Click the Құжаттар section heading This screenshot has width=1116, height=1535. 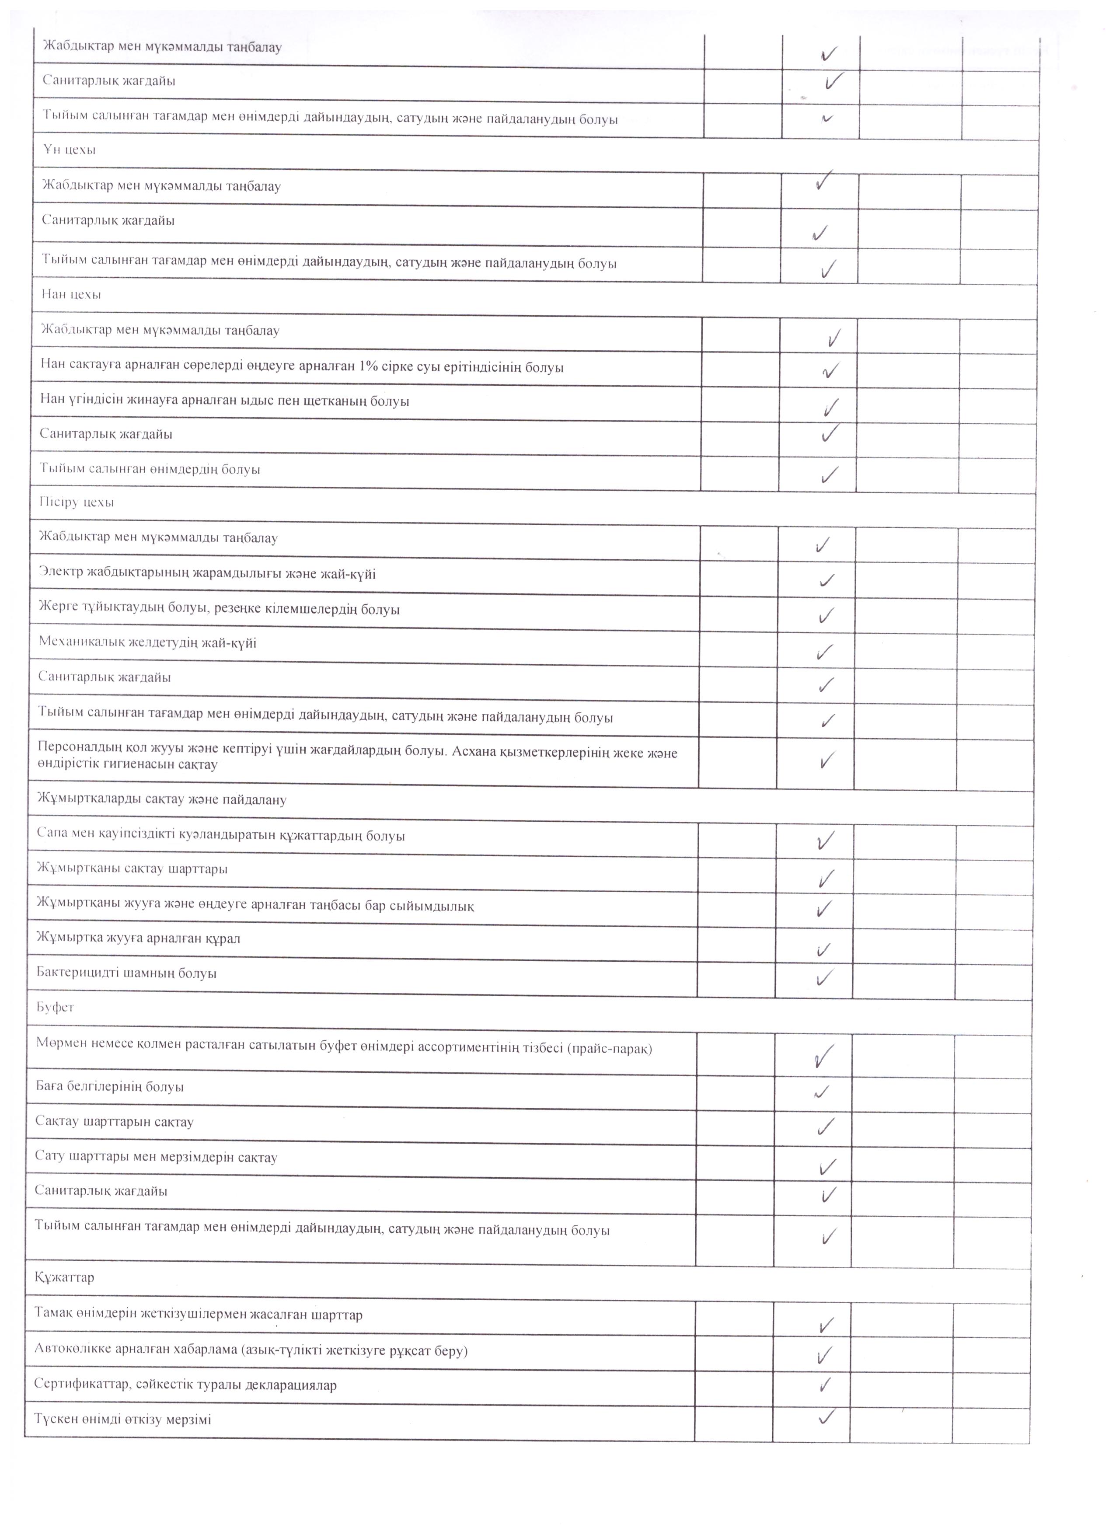pyautogui.click(x=64, y=1275)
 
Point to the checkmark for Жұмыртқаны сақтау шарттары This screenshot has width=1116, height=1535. pyautogui.click(x=826, y=879)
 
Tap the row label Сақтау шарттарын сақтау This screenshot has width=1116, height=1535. pyautogui.click(x=115, y=1121)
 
